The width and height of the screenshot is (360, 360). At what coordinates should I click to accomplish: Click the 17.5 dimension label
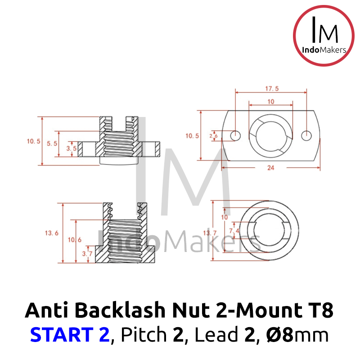pyautogui.click(x=272, y=88)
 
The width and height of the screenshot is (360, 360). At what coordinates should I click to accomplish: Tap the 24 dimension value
pyautogui.click(x=271, y=168)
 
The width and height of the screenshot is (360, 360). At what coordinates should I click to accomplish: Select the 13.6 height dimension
pyautogui.click(x=52, y=233)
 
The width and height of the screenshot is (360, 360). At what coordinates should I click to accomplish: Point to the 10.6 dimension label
pyautogui.click(x=75, y=240)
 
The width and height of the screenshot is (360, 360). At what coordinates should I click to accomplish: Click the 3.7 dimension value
pyautogui.click(x=87, y=254)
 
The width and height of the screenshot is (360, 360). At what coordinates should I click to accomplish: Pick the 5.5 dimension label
pyautogui.click(x=52, y=144)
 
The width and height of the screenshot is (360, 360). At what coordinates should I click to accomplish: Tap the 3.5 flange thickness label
pyautogui.click(x=72, y=148)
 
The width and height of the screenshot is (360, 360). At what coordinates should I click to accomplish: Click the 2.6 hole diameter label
pyautogui.click(x=213, y=136)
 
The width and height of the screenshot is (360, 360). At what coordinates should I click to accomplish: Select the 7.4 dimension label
pyautogui.click(x=234, y=230)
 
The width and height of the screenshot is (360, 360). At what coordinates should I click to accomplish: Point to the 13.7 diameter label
pyautogui.click(x=210, y=233)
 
